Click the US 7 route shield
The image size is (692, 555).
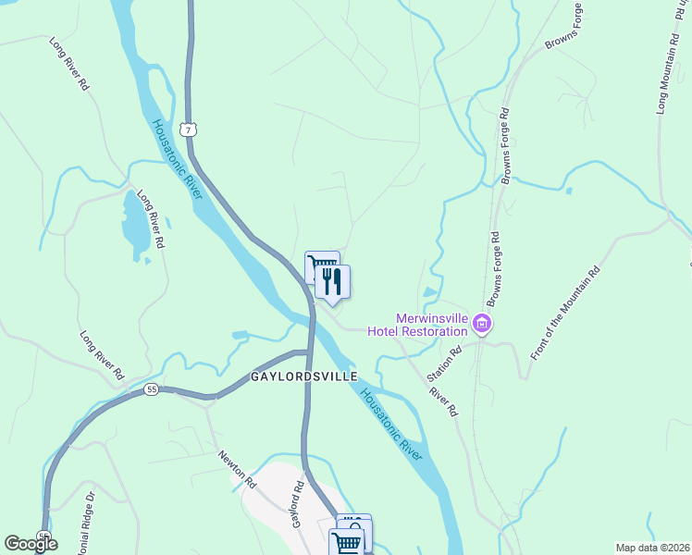click(189, 129)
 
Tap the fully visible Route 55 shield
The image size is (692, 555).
click(151, 391)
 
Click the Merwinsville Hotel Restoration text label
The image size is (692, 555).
click(417, 325)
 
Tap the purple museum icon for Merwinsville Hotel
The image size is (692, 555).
click(481, 324)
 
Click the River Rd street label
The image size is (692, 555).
click(443, 401)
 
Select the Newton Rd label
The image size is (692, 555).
click(237, 469)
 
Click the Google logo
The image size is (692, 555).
click(31, 544)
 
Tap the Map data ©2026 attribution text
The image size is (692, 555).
click(651, 548)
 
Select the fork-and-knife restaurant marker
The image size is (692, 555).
click(333, 280)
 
